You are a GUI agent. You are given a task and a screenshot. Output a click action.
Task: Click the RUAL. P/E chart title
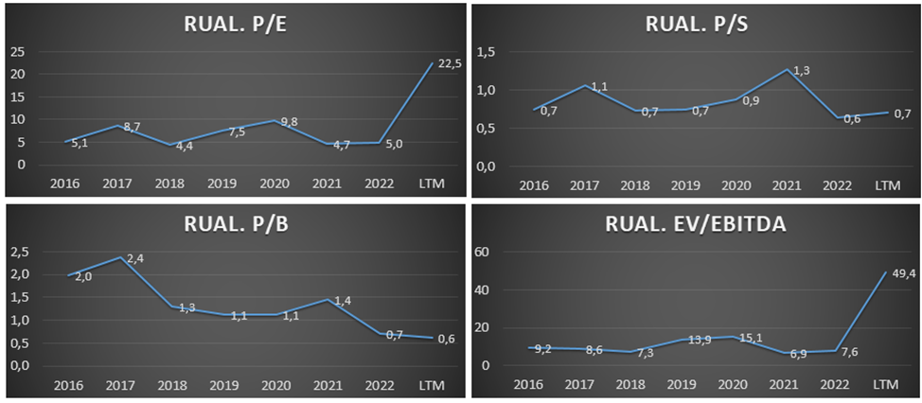pos(235,26)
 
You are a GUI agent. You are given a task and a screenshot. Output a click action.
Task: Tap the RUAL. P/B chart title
pos(235,226)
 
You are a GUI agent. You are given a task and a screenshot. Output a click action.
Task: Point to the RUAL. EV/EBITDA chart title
pos(696,226)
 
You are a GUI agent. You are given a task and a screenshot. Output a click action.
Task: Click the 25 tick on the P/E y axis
pos(16,51)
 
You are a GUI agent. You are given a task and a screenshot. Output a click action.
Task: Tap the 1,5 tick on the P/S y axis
pos(486,52)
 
